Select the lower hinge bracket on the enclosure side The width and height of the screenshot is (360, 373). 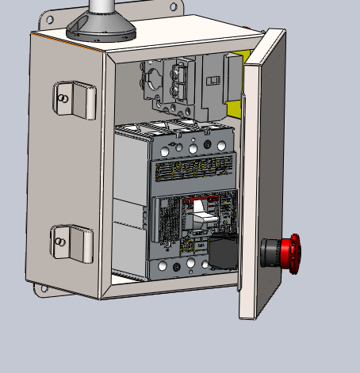72,242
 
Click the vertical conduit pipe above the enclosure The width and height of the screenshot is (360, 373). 102,8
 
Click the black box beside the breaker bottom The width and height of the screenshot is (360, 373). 223,253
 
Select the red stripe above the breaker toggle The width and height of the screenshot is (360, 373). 206,198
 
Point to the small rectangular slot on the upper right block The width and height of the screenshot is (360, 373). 213,81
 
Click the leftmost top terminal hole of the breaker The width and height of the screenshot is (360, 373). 164,148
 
